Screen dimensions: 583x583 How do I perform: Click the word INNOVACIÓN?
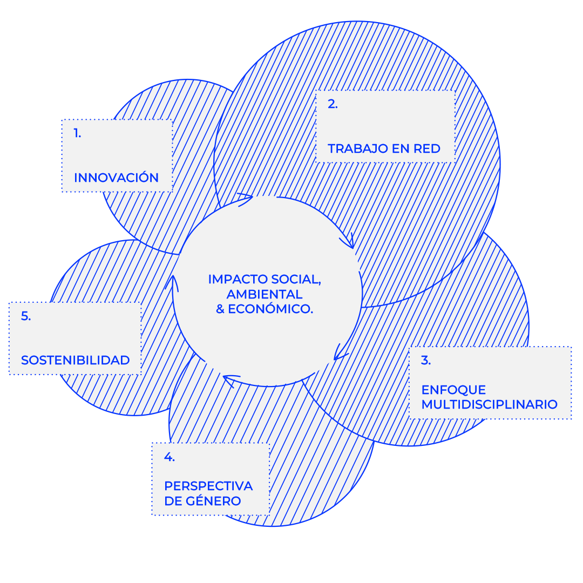(116, 178)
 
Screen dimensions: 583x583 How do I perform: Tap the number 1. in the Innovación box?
(78, 133)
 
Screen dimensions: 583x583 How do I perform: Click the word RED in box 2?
(427, 148)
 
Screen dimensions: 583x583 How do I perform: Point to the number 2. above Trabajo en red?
(333, 105)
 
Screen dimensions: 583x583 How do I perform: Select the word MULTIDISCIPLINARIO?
(489, 404)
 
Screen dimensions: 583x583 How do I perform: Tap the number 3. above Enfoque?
(426, 361)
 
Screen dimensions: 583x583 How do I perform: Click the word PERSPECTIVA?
(208, 486)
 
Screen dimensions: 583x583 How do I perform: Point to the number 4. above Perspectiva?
(169, 457)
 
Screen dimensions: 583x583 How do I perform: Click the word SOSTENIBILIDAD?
(76, 360)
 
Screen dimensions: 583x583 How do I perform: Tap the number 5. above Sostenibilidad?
(26, 316)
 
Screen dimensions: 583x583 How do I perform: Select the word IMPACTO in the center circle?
(238, 280)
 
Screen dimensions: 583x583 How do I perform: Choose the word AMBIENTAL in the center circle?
(265, 295)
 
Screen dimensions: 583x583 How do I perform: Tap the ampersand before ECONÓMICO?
(220, 309)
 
